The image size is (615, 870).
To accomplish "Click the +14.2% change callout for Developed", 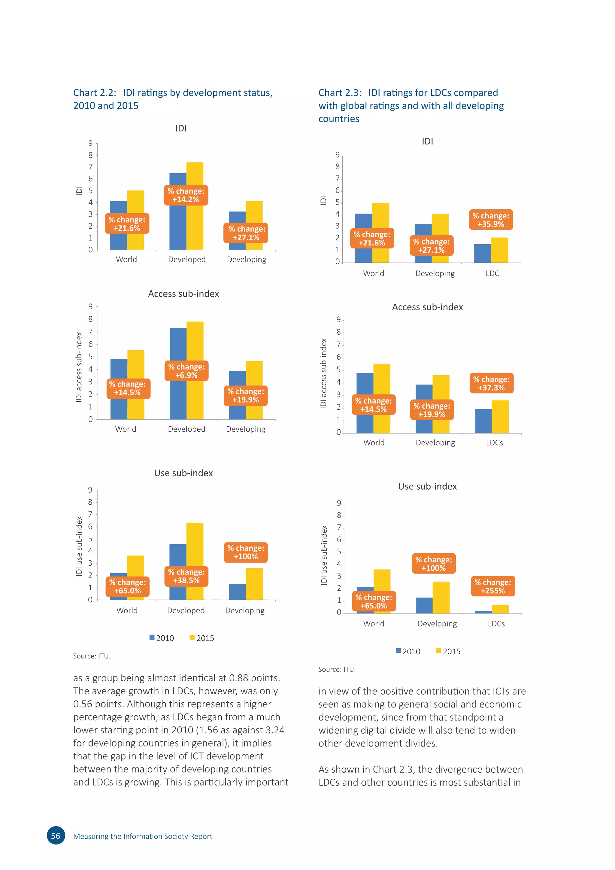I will (x=186, y=195).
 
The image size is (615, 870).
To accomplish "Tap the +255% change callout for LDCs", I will (x=493, y=586).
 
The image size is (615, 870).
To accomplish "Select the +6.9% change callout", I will (x=186, y=371).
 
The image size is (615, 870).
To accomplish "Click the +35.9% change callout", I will (x=491, y=220).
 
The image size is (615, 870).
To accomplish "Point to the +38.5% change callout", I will (x=186, y=576).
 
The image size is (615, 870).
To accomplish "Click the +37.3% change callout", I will (x=491, y=383).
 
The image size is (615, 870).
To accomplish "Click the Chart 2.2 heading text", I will (x=173, y=99).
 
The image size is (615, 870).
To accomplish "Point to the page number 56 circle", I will (x=56, y=836).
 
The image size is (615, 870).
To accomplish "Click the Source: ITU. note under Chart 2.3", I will (x=337, y=669).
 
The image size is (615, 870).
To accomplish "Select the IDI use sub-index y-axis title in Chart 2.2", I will (x=79, y=546).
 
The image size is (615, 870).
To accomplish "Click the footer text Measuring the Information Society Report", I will (x=142, y=836).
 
